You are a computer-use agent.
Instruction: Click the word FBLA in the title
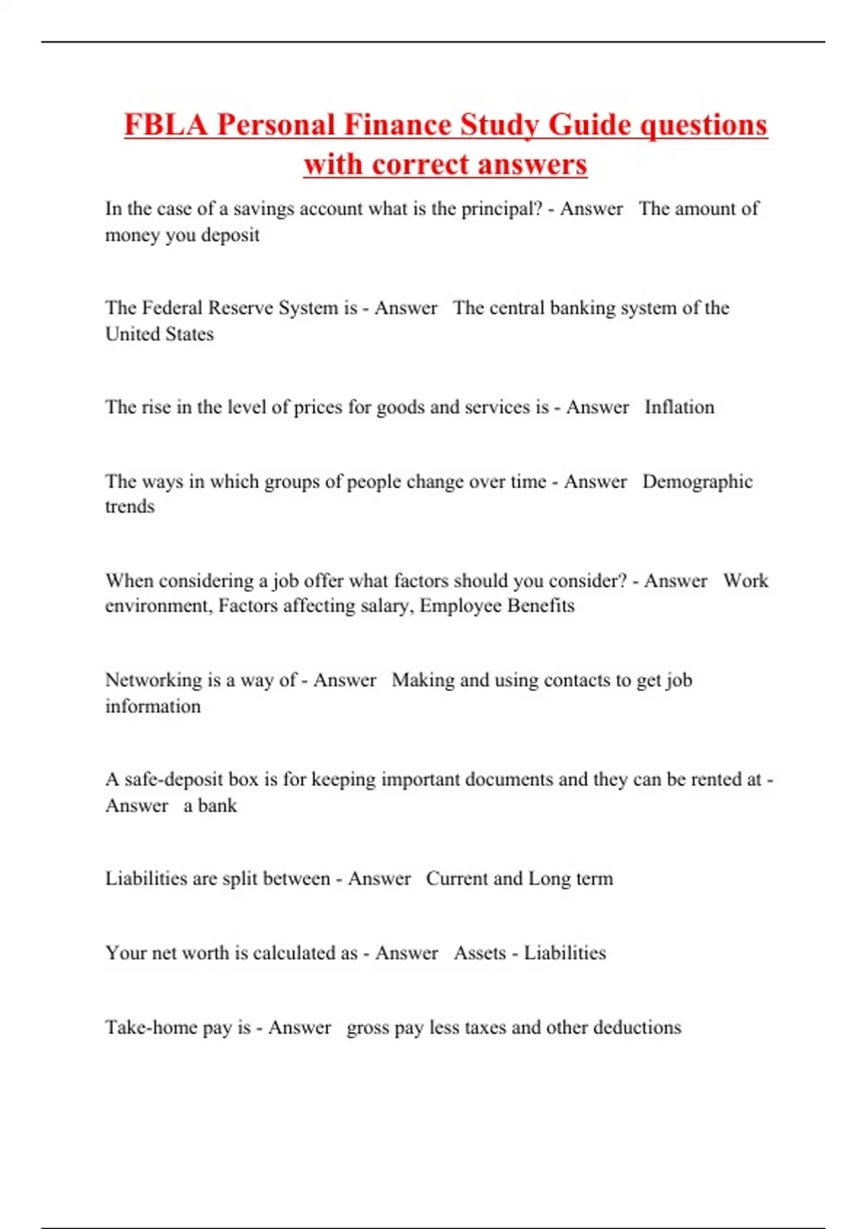click(165, 124)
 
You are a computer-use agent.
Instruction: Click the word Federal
click(172, 308)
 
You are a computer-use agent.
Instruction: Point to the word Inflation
click(679, 407)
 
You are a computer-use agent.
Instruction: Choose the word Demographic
click(697, 481)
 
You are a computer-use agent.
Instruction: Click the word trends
click(130, 507)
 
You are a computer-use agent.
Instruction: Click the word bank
click(217, 805)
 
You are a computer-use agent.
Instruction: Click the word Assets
click(480, 953)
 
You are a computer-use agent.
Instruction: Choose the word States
click(190, 334)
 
